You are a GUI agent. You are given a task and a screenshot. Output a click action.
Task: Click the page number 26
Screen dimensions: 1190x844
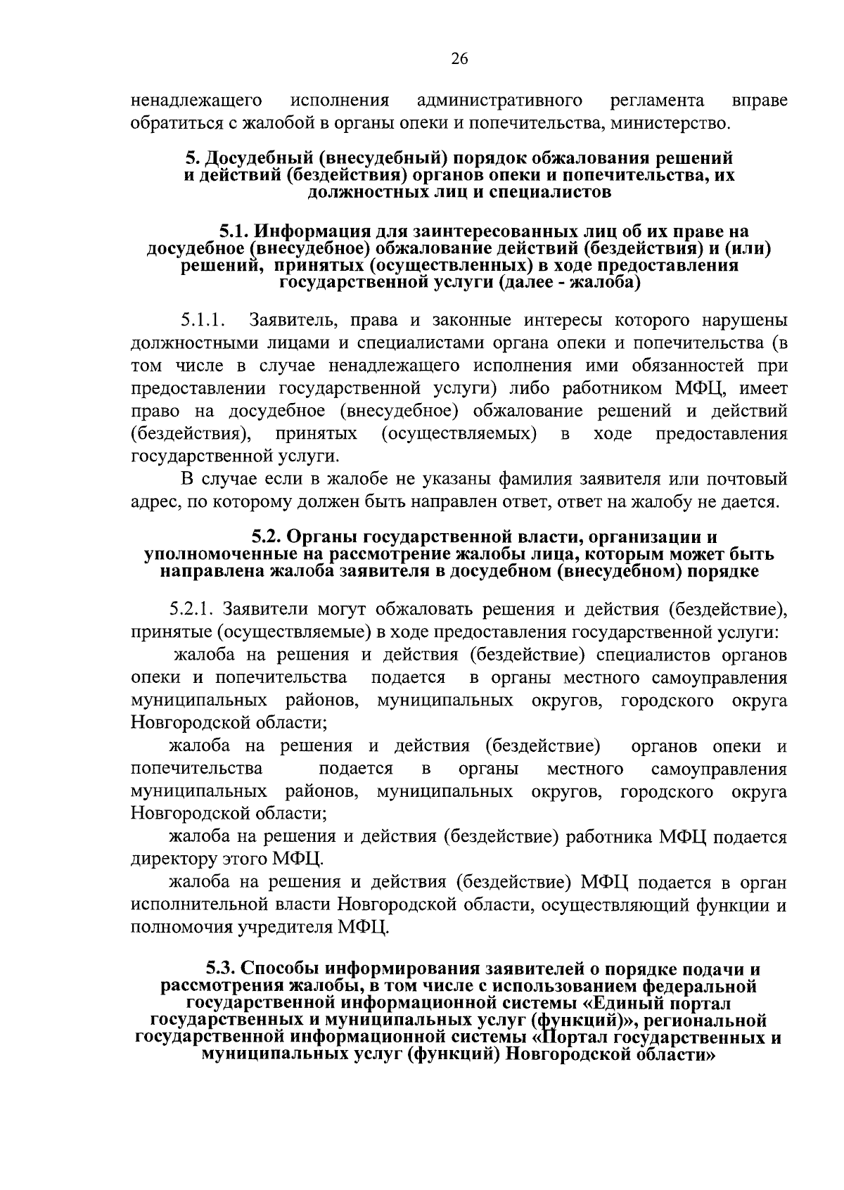pyautogui.click(x=459, y=59)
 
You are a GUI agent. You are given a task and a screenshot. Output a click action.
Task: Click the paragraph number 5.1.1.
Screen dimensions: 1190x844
pyautogui.click(x=203, y=321)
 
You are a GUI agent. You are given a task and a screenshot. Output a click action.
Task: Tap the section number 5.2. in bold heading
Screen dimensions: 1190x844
pyautogui.click(x=269, y=538)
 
